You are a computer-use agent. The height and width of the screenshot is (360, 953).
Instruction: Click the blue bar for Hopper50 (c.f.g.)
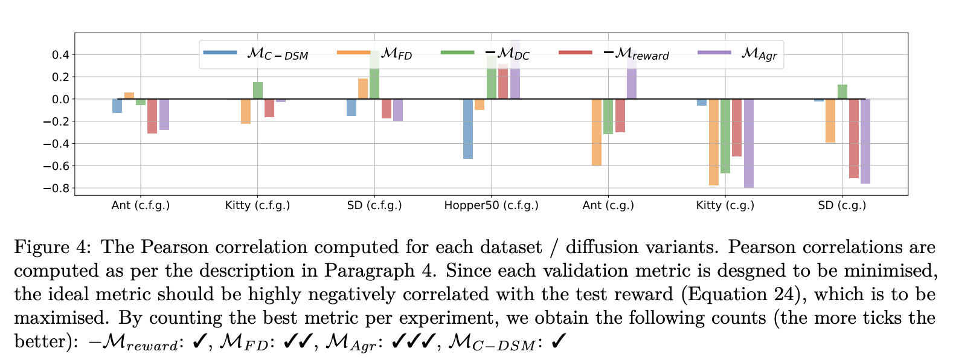pos(468,129)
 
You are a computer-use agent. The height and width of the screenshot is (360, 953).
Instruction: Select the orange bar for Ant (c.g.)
pos(597,132)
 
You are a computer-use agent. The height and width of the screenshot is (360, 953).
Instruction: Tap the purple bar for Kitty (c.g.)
pos(749,143)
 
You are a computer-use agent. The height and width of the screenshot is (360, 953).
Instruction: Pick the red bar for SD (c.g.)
pos(853,138)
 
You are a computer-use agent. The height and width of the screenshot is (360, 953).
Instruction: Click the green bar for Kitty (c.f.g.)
pos(258,91)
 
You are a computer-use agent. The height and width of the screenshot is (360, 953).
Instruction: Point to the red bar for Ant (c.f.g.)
pos(152,116)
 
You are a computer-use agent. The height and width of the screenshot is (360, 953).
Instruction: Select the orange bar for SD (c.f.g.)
pos(363,89)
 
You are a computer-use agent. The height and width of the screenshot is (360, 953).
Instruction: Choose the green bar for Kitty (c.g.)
pos(725,136)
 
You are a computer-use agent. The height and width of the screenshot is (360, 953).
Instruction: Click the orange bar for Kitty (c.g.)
pos(714,142)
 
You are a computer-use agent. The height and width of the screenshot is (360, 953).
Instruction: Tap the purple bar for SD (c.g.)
pos(865,141)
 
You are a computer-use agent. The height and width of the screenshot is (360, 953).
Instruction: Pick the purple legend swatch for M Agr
pos(714,53)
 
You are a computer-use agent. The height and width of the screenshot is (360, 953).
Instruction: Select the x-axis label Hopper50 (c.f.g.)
pos(491,205)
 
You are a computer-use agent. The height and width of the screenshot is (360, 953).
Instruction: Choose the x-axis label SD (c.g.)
pos(842,205)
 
